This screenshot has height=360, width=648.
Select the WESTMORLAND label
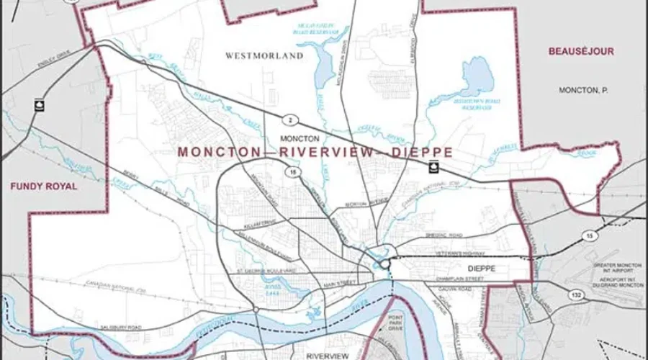[x=264, y=55]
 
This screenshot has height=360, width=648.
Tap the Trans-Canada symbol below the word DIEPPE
[x=433, y=168]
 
